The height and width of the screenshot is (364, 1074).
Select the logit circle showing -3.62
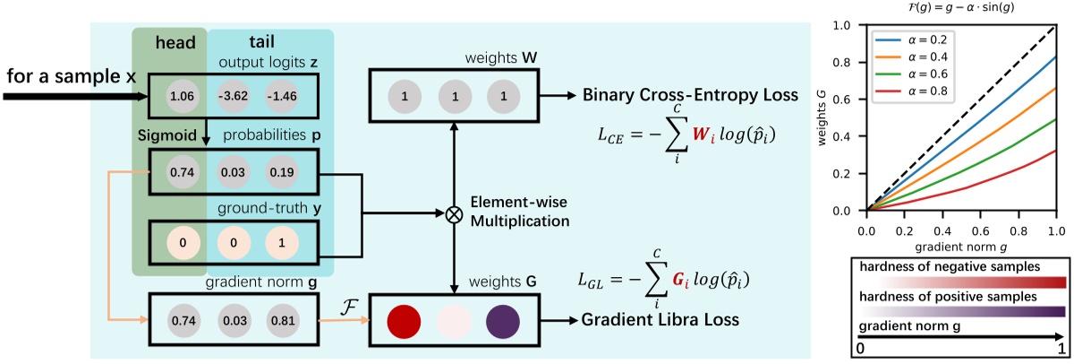(230, 96)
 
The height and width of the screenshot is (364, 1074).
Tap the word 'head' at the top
(169, 44)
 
